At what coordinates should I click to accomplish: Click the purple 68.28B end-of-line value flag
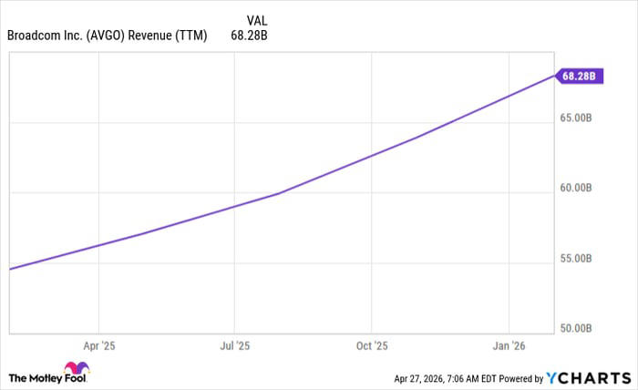(x=577, y=77)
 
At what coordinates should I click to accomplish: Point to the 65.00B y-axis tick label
(x=577, y=118)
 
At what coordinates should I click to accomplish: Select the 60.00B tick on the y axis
(x=577, y=189)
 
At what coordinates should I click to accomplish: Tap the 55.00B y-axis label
(x=577, y=259)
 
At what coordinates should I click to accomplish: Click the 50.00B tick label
(x=577, y=328)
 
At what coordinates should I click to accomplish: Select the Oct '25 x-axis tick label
(x=371, y=346)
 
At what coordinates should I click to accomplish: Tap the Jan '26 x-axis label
(x=509, y=346)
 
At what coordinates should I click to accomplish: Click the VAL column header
(x=259, y=20)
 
